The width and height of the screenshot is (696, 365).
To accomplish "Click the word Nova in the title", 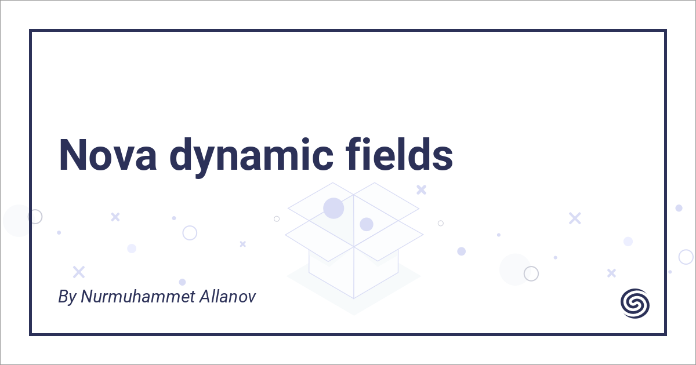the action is tap(107, 155).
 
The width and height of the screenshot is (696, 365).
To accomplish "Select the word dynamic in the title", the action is tap(251, 157).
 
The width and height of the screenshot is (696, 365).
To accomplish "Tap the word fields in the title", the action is tap(399, 154).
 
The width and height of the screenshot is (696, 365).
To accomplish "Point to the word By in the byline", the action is tap(67, 297).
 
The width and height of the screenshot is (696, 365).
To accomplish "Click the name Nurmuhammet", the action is tap(138, 297).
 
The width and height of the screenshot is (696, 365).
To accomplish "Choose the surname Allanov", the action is tap(228, 297).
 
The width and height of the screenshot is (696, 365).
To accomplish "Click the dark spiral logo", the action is tap(635, 304).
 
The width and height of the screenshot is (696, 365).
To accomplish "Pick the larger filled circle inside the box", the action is tap(333, 208).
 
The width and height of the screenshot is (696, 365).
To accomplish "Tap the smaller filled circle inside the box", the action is tap(367, 224).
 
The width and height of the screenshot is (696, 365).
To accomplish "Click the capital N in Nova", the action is tap(72, 155).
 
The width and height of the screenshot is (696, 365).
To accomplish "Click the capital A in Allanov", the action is tap(206, 297).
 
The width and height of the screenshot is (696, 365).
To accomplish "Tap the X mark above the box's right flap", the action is tap(421, 189).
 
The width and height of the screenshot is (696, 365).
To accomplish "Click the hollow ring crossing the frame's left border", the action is tap(35, 217).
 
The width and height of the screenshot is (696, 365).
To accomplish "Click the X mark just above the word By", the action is tap(79, 272).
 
